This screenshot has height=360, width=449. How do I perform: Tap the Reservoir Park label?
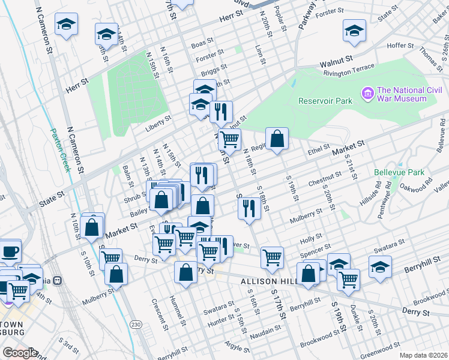pyautogui.click(x=325, y=101)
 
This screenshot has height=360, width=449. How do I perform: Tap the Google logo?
pyautogui.click(x=20, y=353)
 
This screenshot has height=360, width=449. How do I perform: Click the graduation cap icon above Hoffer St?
pyautogui.click(x=354, y=30)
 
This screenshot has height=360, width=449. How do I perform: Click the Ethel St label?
pyautogui.click(x=318, y=148)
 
